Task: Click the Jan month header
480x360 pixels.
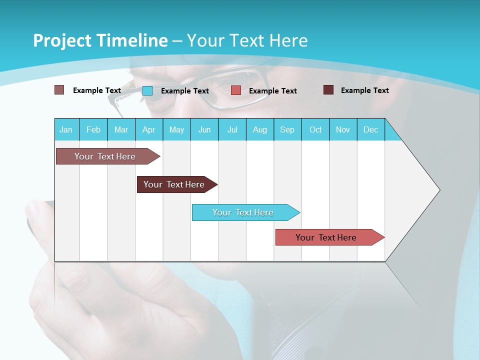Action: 66,129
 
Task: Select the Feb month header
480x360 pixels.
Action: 93,129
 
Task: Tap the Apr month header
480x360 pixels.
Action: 148,129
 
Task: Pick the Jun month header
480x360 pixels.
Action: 204,129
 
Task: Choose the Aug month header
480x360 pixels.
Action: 260,129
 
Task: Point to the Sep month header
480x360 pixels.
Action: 287,129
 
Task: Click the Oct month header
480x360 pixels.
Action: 315,129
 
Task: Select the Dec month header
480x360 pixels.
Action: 370,129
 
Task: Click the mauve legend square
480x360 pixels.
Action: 59,90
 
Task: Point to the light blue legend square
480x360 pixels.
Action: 147,90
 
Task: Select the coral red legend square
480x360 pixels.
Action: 236,90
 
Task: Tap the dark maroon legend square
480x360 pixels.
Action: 328,90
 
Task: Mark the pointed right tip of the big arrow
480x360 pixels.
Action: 439,190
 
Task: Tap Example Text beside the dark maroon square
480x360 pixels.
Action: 364,90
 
